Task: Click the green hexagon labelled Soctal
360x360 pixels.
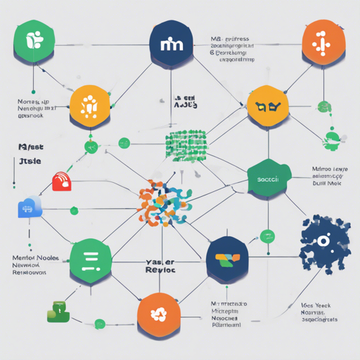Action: pyautogui.click(x=269, y=179)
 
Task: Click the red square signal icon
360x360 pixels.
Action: pyautogui.click(x=62, y=181)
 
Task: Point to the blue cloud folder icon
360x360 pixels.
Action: pyautogui.click(x=30, y=207)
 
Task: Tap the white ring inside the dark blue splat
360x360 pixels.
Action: pyautogui.click(x=323, y=241)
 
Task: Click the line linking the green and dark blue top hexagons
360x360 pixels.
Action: pyautogui.click(x=103, y=46)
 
